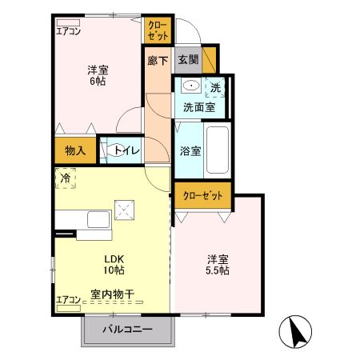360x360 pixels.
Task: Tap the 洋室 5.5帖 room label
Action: click(218, 264)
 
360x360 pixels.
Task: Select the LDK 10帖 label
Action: click(113, 265)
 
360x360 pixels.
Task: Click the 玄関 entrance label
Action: click(189, 59)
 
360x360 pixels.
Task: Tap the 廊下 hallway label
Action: click(158, 59)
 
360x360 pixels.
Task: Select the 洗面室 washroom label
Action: click(198, 105)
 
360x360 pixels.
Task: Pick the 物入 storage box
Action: click(75, 150)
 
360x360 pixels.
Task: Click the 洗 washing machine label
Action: click(216, 87)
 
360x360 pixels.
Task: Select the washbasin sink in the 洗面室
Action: click(190, 86)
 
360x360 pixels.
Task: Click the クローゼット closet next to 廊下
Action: click(157, 30)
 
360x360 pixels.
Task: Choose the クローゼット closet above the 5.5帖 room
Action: click(202, 194)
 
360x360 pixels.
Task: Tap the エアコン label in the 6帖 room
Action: click(68, 32)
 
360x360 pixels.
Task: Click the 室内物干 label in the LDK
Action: click(112, 294)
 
